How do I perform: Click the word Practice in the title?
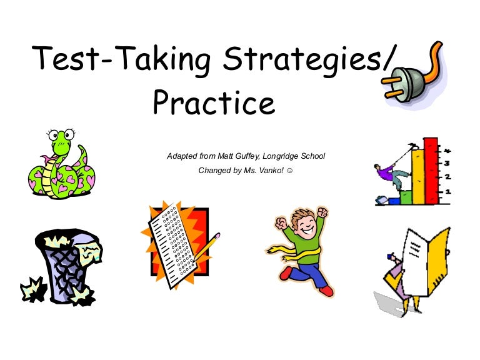[214, 102]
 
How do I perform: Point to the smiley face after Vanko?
[289, 171]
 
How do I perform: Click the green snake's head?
[61, 139]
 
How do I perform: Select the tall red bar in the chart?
[431, 171]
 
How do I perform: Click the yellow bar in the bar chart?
[419, 177]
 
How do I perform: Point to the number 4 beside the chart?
[447, 151]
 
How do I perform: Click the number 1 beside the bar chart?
[448, 192]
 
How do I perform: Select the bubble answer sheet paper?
[173, 245]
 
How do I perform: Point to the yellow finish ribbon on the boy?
[294, 252]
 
